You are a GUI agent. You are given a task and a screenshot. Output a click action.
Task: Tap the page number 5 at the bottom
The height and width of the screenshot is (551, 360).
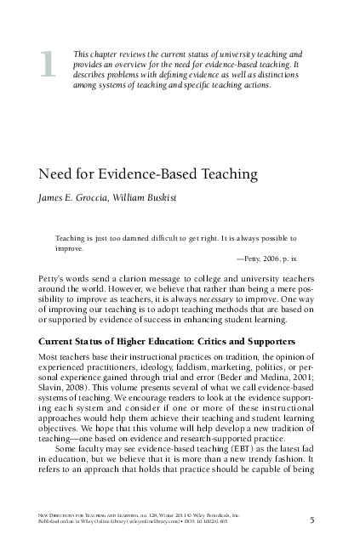pyautogui.click(x=312, y=521)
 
